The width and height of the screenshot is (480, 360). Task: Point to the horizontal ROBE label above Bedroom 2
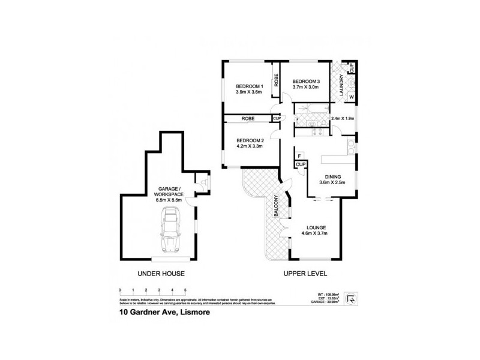(x=248, y=119)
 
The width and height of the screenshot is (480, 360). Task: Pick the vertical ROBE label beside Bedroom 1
(x=276, y=80)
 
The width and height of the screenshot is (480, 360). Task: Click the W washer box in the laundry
(x=351, y=97)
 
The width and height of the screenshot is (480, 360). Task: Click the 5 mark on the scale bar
(x=185, y=290)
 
